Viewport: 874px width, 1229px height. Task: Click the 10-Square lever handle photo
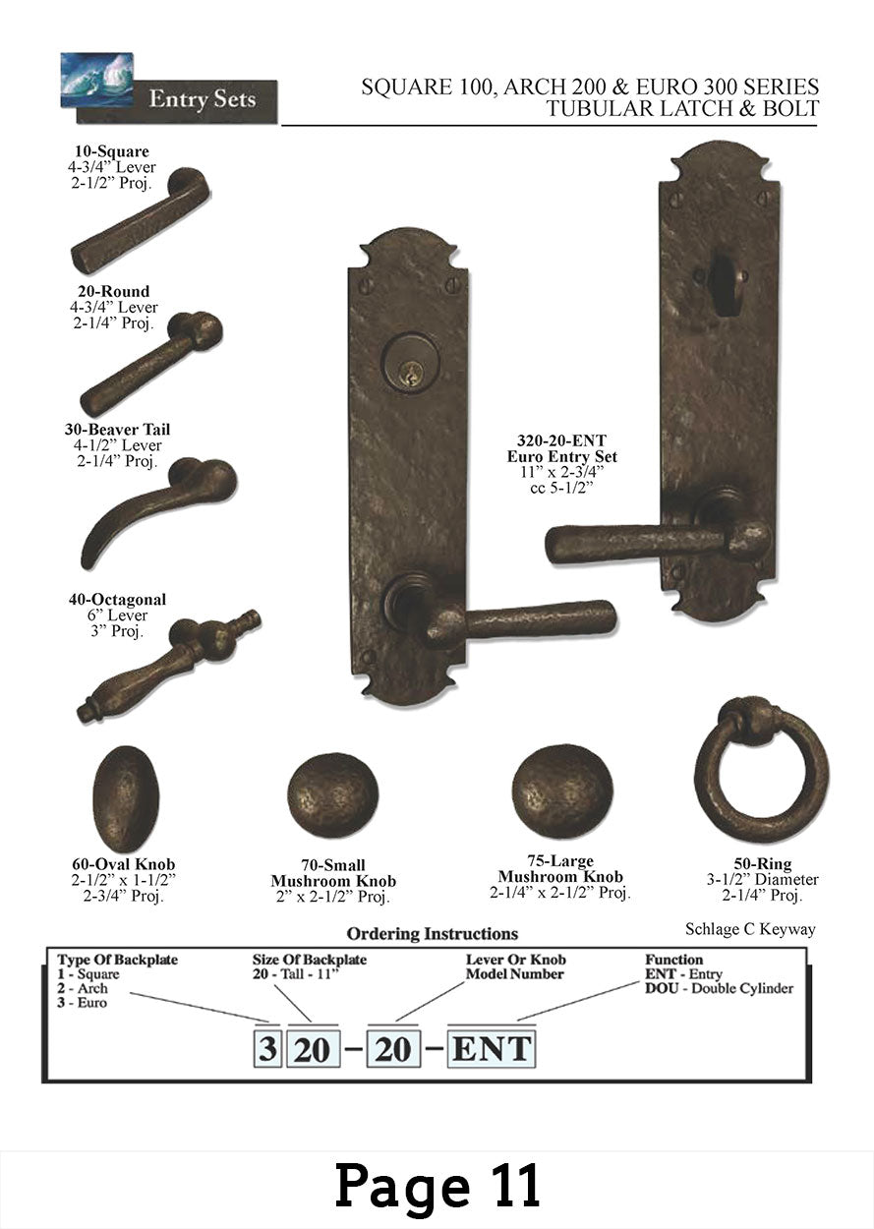point(140,222)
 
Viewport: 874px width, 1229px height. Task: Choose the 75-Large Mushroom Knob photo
point(562,791)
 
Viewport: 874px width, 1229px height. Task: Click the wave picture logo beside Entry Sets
point(97,80)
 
